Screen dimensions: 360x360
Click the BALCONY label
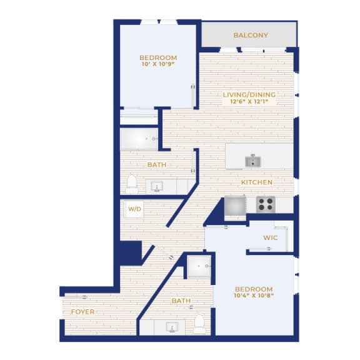(x=251, y=35)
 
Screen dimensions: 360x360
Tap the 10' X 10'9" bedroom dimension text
(x=158, y=64)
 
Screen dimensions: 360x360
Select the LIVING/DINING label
(x=249, y=94)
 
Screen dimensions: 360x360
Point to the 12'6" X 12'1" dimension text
(x=249, y=101)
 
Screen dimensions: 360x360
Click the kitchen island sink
(x=252, y=161)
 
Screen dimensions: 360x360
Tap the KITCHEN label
(x=257, y=182)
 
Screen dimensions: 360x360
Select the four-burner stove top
(x=266, y=204)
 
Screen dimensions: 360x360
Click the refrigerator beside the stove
(x=235, y=206)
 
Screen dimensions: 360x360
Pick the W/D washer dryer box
(x=134, y=209)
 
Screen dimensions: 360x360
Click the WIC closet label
(x=271, y=237)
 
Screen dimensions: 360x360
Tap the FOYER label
(x=82, y=312)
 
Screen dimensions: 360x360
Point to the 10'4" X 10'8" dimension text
(x=254, y=296)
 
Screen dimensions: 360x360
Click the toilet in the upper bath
(x=132, y=184)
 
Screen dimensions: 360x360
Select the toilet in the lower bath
(x=199, y=324)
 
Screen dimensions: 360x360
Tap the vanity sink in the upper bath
(x=157, y=186)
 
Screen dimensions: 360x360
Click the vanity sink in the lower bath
(x=172, y=327)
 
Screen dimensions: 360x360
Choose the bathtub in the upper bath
(x=139, y=139)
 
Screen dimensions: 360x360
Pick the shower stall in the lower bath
(x=199, y=266)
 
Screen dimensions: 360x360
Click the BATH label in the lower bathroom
(x=181, y=301)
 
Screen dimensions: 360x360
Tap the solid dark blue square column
(x=131, y=252)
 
